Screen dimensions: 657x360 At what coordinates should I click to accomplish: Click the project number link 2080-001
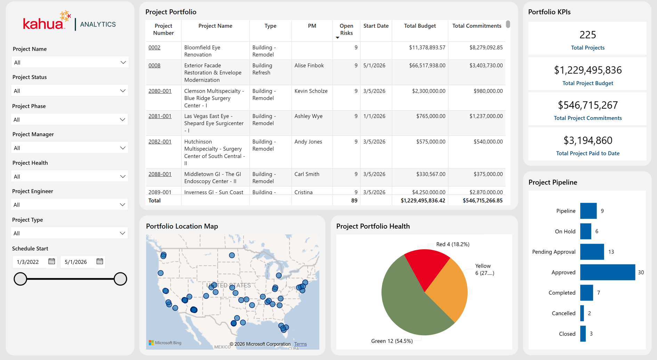(x=160, y=91)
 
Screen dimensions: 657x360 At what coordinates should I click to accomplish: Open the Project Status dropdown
(x=70, y=91)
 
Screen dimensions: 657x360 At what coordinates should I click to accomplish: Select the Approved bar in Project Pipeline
(x=607, y=272)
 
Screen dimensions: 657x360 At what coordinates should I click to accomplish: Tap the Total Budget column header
(x=420, y=26)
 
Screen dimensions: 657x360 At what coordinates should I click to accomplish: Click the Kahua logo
(x=47, y=21)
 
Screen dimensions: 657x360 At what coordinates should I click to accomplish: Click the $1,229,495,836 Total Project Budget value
(x=587, y=70)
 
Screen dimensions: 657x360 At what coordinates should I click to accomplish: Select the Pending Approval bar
(x=592, y=252)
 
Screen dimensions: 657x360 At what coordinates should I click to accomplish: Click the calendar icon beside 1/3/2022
(x=52, y=261)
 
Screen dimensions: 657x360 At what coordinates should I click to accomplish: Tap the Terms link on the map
(x=300, y=344)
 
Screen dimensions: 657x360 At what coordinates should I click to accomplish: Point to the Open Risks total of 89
(x=354, y=201)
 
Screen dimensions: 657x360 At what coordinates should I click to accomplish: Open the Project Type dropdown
(x=70, y=233)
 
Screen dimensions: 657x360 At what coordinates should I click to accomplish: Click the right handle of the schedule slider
(x=120, y=279)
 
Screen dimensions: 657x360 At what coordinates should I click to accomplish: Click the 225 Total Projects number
(x=587, y=35)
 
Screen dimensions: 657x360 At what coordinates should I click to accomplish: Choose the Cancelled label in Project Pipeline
(x=563, y=313)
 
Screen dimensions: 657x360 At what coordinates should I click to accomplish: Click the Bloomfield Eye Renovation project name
(x=202, y=51)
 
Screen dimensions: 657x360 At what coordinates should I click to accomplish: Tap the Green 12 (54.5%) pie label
(x=392, y=341)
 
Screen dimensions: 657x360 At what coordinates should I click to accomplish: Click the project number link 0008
(x=154, y=65)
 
